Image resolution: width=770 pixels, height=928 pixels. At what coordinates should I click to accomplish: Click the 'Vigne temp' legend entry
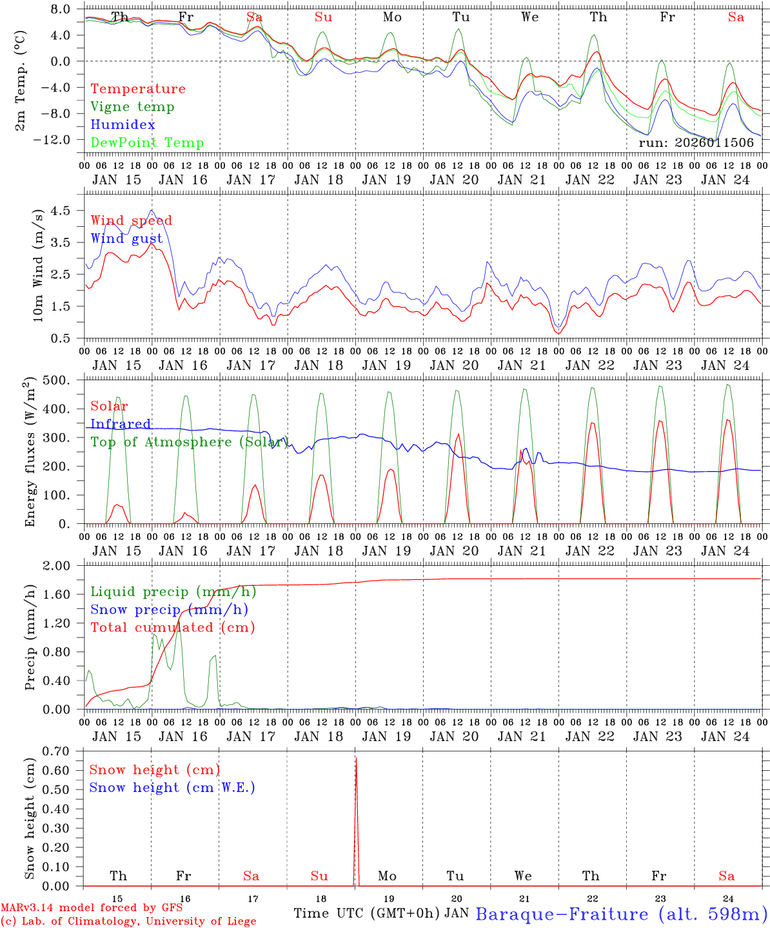click(x=132, y=107)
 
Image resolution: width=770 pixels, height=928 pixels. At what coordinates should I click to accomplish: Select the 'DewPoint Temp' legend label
click(x=147, y=143)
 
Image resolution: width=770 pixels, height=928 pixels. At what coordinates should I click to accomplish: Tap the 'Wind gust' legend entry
click(x=126, y=238)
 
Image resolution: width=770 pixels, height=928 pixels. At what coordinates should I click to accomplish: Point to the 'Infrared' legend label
click(x=121, y=424)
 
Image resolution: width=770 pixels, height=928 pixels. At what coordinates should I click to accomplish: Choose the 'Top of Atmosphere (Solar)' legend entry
click(x=190, y=442)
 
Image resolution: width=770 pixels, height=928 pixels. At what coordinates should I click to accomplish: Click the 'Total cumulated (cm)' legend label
click(x=172, y=628)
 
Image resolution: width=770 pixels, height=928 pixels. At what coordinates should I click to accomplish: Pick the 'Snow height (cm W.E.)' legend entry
click(x=172, y=788)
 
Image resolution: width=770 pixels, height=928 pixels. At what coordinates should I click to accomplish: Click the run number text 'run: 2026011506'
click(x=696, y=143)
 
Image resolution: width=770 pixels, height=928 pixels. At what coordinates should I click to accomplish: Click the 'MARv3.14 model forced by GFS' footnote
click(x=92, y=908)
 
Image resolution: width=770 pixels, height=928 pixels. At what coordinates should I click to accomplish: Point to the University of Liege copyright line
click(x=128, y=922)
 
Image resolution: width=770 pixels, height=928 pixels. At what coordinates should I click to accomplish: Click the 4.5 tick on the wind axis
click(x=65, y=211)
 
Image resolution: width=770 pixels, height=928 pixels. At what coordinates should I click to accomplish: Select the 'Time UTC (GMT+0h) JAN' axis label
click(x=381, y=914)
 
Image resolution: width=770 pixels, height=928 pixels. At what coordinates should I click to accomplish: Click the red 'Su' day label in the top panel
click(x=323, y=17)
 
